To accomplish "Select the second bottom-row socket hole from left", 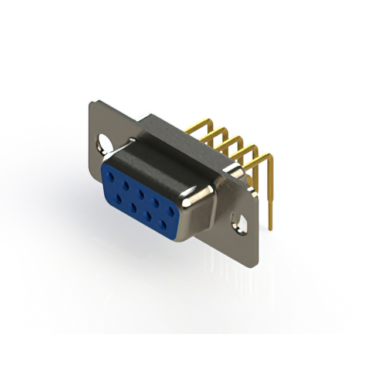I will (134, 206).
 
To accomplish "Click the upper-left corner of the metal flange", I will (91, 104).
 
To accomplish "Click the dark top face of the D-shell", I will (170, 155).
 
